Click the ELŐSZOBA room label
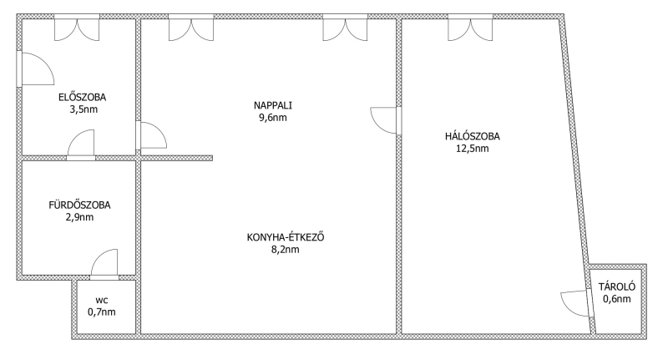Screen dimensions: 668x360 tap(82, 97)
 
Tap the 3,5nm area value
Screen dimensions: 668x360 tap(84, 109)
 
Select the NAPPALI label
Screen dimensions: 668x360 tap(273, 105)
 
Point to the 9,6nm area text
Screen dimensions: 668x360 tap(273, 118)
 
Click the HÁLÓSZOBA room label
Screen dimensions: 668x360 tap(473, 136)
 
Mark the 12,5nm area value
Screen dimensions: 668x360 tap(473, 149)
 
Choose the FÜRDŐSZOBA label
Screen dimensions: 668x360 tap(79, 205)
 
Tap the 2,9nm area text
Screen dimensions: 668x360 tap(79, 217)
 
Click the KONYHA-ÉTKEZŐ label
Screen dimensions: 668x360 tap(286, 237)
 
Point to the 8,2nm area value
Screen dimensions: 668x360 tap(286, 250)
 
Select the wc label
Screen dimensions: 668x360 tap(102, 301)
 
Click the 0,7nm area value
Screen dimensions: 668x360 tap(102, 312)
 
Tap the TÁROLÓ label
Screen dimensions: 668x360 tap(617, 286)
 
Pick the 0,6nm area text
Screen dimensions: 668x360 tap(617, 299)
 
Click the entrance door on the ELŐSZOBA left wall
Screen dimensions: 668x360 tap(35, 68)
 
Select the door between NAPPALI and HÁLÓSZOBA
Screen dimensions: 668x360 tap(386, 120)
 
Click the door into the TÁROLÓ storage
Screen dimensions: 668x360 tap(577, 303)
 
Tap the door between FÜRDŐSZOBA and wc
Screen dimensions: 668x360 tap(104, 264)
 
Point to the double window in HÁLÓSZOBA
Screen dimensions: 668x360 tap(470, 28)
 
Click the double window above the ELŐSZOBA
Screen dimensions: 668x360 tap(77, 28)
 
